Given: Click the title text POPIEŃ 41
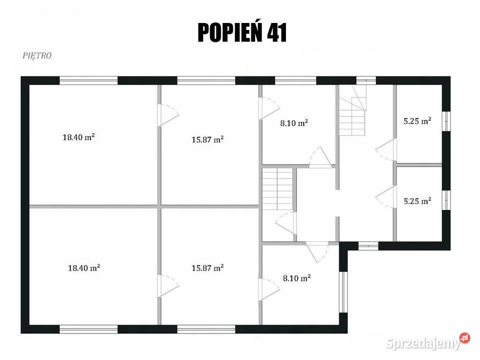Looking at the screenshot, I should (x=242, y=32).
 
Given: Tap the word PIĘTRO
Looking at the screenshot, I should (x=37, y=55).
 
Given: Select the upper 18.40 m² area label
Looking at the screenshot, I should (x=78, y=137).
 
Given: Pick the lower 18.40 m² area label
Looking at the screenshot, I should (x=84, y=268).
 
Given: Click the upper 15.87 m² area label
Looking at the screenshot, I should (x=207, y=140).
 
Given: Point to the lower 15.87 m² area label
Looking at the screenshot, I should (x=207, y=268).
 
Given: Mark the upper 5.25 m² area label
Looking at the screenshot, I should (x=417, y=120).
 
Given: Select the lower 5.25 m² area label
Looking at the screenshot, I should (x=417, y=201).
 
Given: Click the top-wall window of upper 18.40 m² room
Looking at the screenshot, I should (x=88, y=80).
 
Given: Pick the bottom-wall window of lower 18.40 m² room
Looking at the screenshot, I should (x=88, y=329).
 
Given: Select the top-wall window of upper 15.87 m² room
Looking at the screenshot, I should (x=206, y=80).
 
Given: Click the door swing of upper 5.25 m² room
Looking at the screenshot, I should (x=386, y=149).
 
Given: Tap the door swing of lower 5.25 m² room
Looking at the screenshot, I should (x=386, y=196).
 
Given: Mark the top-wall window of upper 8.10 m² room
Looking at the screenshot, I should (x=295, y=80).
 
